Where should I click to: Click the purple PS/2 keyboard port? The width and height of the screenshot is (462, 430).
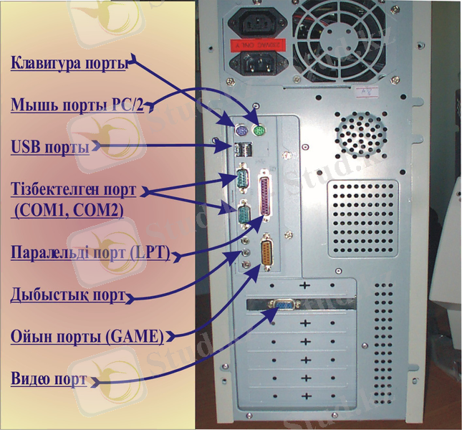point(241,130)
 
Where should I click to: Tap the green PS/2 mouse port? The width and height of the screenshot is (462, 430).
point(259,130)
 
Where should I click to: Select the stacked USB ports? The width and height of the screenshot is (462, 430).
point(244,150)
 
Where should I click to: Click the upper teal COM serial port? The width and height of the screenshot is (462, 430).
point(243,178)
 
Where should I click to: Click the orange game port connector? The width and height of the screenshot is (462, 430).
point(266,252)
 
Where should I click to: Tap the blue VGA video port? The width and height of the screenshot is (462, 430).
point(284,305)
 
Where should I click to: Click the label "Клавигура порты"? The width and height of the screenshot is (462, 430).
point(69,62)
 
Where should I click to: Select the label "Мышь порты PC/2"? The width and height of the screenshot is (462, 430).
point(77,105)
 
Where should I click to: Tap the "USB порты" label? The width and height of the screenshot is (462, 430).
point(50,146)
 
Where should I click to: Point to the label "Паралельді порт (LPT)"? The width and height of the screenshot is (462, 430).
point(90,252)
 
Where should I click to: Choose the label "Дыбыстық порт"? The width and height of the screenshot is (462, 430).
point(68,295)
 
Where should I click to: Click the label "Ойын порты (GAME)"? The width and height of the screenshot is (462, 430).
point(87,336)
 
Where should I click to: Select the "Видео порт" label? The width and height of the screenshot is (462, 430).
point(49,378)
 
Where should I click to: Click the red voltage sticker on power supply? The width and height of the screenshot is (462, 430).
point(258,45)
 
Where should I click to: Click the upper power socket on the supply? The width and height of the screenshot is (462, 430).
point(258,23)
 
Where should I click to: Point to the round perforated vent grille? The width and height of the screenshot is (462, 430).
point(361,135)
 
